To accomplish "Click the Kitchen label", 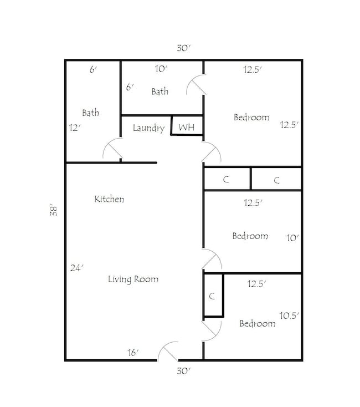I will [109, 199].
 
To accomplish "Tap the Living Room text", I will [133, 279].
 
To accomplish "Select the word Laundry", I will [148, 128].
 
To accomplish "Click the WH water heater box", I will [187, 127].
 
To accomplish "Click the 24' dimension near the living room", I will [76, 268].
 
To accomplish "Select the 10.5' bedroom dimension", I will [289, 316].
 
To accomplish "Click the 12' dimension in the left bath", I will [74, 127].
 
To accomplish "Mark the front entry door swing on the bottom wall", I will [168, 352].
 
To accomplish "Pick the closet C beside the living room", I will [212, 296].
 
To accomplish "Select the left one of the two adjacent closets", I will [226, 180].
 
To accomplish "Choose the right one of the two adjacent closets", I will [276, 180].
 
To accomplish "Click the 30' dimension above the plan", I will [183, 48].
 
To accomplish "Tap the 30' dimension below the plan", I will [183, 370].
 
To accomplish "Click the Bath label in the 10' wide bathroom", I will [160, 91].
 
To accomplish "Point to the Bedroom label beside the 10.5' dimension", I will [257, 324].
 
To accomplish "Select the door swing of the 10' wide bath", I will [195, 86].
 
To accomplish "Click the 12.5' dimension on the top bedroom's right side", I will [289, 125].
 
